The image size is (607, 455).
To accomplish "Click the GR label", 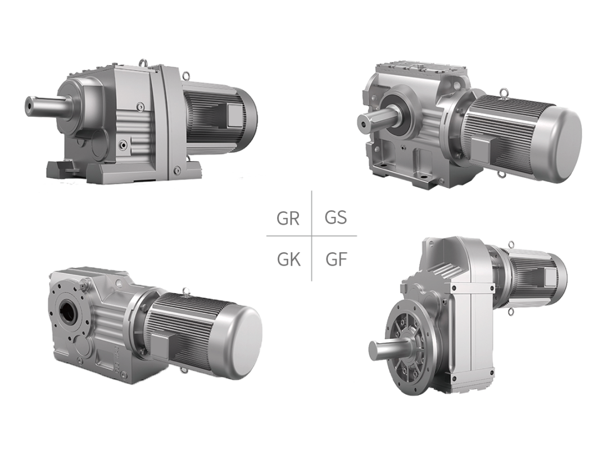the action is click(x=288, y=219).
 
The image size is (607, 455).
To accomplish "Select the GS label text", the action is click(x=336, y=217).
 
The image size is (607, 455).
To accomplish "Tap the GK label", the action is click(x=289, y=260).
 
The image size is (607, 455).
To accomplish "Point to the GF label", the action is click(x=336, y=260).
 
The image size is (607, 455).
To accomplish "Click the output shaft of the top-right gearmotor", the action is click(x=374, y=119).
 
